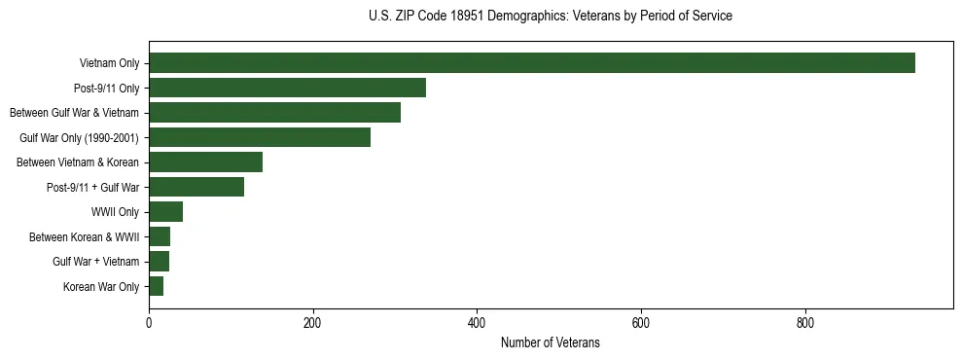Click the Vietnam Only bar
click(x=531, y=63)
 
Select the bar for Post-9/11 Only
click(x=287, y=88)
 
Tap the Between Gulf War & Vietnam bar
click(x=274, y=113)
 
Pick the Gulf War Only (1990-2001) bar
click(x=260, y=137)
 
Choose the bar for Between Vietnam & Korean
click(x=205, y=162)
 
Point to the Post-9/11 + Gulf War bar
click(x=196, y=187)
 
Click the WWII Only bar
click(x=165, y=212)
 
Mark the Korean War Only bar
click(x=156, y=286)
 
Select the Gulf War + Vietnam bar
click(x=159, y=261)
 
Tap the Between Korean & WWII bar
click(x=160, y=236)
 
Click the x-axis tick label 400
click(x=477, y=322)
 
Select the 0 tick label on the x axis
click(x=149, y=322)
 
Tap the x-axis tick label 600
click(x=641, y=322)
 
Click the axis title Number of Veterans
click(x=550, y=342)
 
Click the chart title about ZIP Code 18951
click(x=550, y=16)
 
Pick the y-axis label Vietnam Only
click(x=109, y=64)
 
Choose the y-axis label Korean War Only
click(x=101, y=287)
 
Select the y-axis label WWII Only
click(x=115, y=212)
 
